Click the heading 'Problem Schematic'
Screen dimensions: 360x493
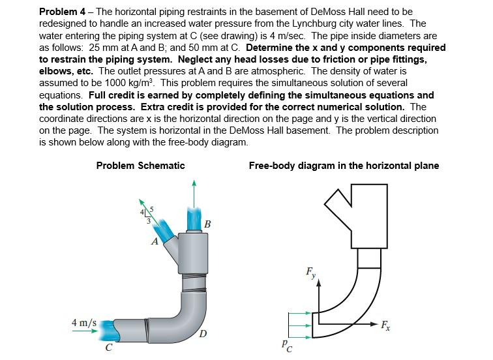pyautogui.click(x=140, y=166)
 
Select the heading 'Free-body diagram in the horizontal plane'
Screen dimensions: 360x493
pyautogui.click(x=344, y=166)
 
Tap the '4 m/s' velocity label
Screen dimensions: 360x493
pyautogui.click(x=84, y=322)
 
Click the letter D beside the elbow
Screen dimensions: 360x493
pyautogui.click(x=203, y=335)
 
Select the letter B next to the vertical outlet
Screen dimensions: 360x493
pyautogui.click(x=207, y=225)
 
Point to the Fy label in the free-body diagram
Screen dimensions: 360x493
pyautogui.click(x=312, y=273)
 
